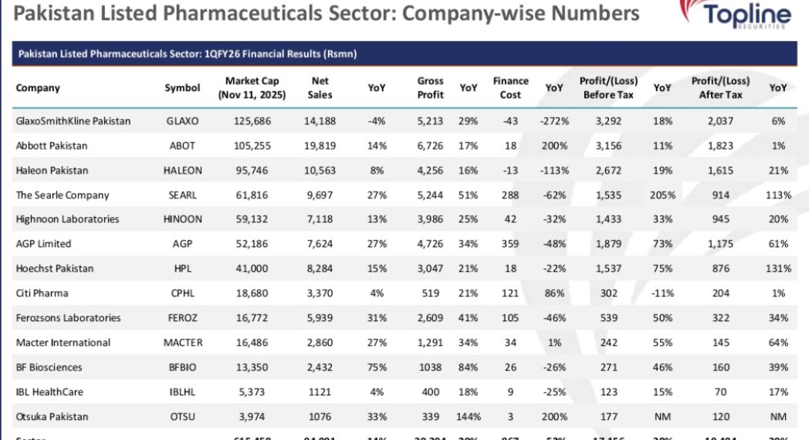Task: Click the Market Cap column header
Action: (x=252, y=88)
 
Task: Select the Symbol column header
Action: (x=182, y=88)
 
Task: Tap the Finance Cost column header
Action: (x=510, y=88)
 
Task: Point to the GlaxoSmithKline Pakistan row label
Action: (x=73, y=121)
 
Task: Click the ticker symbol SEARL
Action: (x=182, y=195)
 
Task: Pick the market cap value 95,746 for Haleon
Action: (x=252, y=171)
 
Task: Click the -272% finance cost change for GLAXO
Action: (x=554, y=121)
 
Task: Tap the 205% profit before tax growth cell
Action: (x=662, y=195)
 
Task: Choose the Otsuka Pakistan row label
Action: (x=52, y=417)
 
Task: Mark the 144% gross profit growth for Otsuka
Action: (x=469, y=417)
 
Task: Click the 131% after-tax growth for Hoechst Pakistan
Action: (x=779, y=269)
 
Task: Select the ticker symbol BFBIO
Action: (x=182, y=367)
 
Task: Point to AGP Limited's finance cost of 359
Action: (x=510, y=244)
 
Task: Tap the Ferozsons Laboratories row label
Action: (x=68, y=318)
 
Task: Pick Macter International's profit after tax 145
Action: (x=720, y=343)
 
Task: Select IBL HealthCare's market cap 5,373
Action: (x=252, y=392)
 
